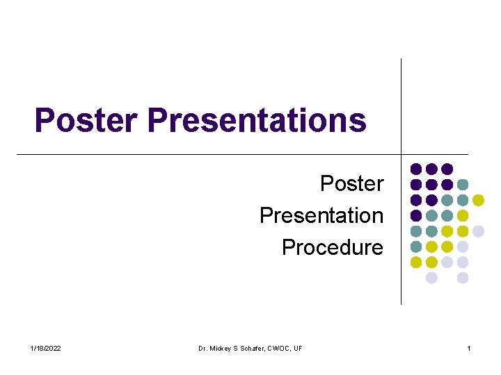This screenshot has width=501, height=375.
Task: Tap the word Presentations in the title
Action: pyautogui.click(x=257, y=119)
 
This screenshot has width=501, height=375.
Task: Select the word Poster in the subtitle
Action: pyautogui.click(x=351, y=183)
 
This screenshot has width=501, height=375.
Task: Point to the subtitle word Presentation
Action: pyautogui.click(x=321, y=215)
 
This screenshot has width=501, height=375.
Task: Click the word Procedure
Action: pyautogui.click(x=332, y=247)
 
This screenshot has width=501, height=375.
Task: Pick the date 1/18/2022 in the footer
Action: pyautogui.click(x=46, y=348)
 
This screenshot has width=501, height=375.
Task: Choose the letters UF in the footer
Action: pyautogui.click(x=299, y=348)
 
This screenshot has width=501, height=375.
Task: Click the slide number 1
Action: pyautogui.click(x=469, y=348)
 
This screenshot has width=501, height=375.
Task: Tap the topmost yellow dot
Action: pyautogui.click(x=478, y=200)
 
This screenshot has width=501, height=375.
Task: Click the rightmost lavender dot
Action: pyautogui.click(x=478, y=231)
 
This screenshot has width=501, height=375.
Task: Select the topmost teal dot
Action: pyautogui.click(x=463, y=185)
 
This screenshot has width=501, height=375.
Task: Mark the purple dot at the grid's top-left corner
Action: pyautogui.click(x=416, y=169)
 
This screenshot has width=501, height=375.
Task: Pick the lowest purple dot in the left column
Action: pyautogui.click(x=416, y=215)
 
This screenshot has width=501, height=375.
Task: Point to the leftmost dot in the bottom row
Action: pyautogui.click(x=431, y=278)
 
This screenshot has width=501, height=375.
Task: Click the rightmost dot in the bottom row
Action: pyautogui.click(x=463, y=278)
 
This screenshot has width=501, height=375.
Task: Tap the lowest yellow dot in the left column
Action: pyautogui.click(x=416, y=262)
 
